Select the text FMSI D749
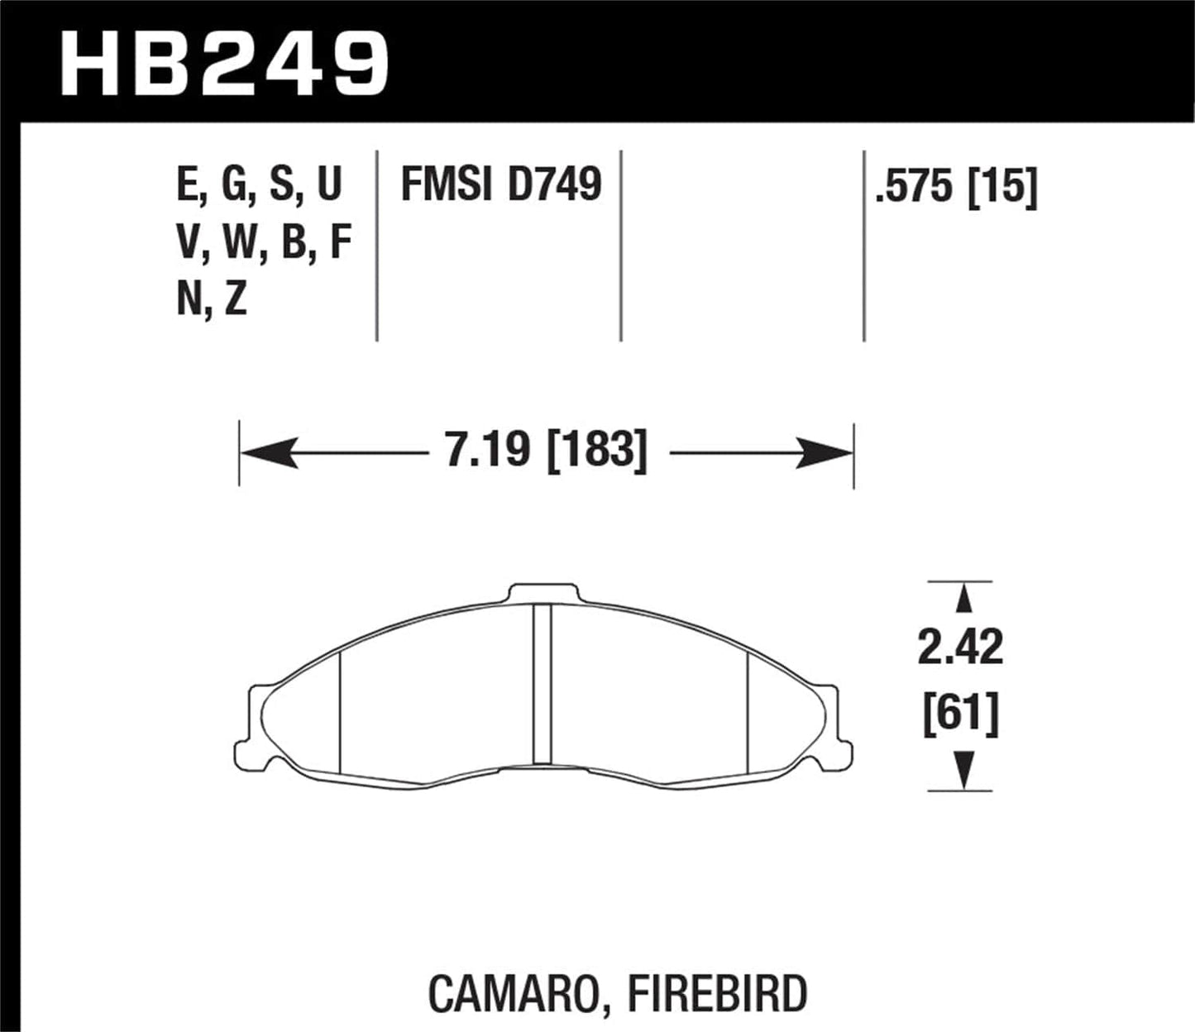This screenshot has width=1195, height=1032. click(500, 185)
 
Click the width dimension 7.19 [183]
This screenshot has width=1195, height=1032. click(546, 451)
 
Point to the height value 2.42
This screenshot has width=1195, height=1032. click(960, 647)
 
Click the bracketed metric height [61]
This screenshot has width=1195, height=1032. click(960, 712)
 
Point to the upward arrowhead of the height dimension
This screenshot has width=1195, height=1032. click(961, 598)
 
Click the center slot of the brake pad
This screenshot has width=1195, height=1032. click(542, 683)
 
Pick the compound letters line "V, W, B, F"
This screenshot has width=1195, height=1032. click(264, 243)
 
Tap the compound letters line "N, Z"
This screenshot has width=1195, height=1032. click(212, 299)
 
